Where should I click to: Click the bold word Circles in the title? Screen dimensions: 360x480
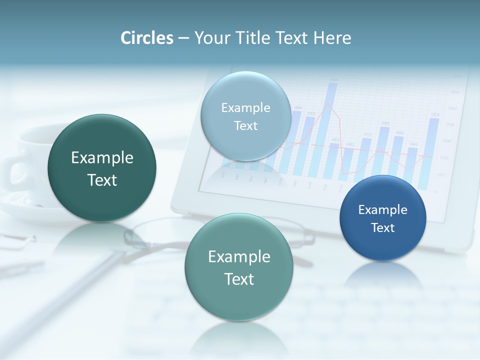(x=147, y=38)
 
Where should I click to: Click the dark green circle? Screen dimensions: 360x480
(x=102, y=168)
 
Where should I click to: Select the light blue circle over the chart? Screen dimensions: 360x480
(x=246, y=116)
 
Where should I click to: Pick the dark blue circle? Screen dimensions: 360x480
(x=383, y=218)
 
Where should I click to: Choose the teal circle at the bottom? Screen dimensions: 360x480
(x=239, y=267)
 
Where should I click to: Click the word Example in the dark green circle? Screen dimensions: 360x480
(x=102, y=158)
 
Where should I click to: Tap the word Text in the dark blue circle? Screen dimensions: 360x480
(x=383, y=228)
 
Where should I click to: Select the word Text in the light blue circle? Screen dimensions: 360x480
(x=246, y=125)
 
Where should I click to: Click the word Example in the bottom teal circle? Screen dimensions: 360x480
(x=239, y=257)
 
